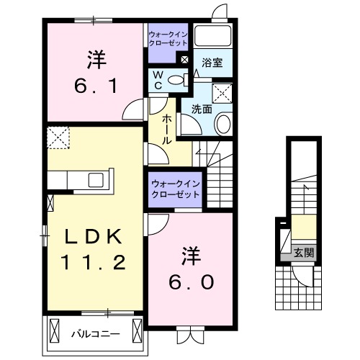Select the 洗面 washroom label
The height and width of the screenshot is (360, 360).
202,109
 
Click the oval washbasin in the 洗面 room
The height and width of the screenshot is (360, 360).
222,124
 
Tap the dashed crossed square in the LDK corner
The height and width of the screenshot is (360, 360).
57,136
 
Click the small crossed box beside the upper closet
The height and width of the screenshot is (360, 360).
185,60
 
